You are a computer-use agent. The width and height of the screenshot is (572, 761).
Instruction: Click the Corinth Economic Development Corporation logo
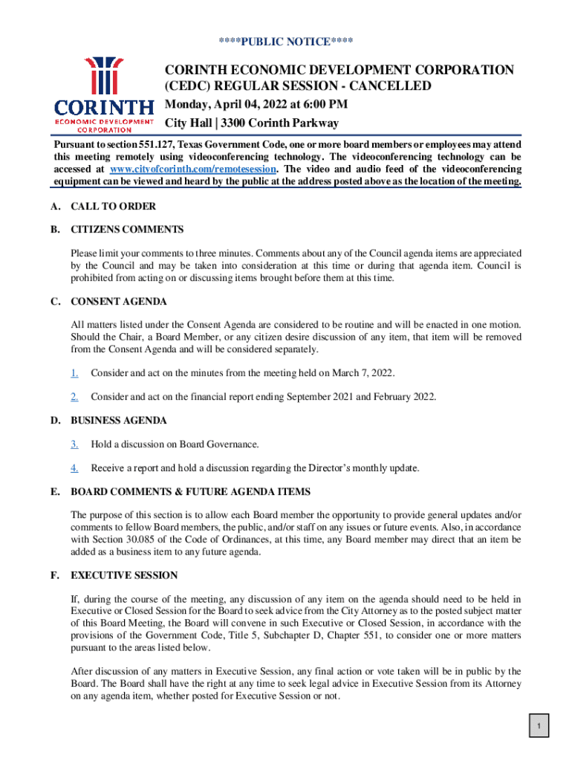tap(103, 93)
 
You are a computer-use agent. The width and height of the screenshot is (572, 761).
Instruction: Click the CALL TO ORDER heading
tap(113, 207)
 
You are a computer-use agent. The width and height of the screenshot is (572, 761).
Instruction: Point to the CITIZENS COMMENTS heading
tap(127, 230)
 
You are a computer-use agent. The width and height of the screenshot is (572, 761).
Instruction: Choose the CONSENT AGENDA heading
tap(119, 302)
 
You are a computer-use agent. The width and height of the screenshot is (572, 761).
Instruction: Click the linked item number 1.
tap(74, 372)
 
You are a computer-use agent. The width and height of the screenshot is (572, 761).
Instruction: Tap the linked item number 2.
tap(74, 397)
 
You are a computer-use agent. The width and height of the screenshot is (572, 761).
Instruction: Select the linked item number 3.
tap(74, 444)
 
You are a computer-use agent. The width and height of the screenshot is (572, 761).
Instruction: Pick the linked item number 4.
tap(74, 468)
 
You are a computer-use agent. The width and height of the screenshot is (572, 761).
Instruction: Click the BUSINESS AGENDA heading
tap(119, 421)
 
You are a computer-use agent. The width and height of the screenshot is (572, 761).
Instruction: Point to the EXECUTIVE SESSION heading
tap(124, 575)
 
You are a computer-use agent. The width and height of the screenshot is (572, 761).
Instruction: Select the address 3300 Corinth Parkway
tap(278, 123)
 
